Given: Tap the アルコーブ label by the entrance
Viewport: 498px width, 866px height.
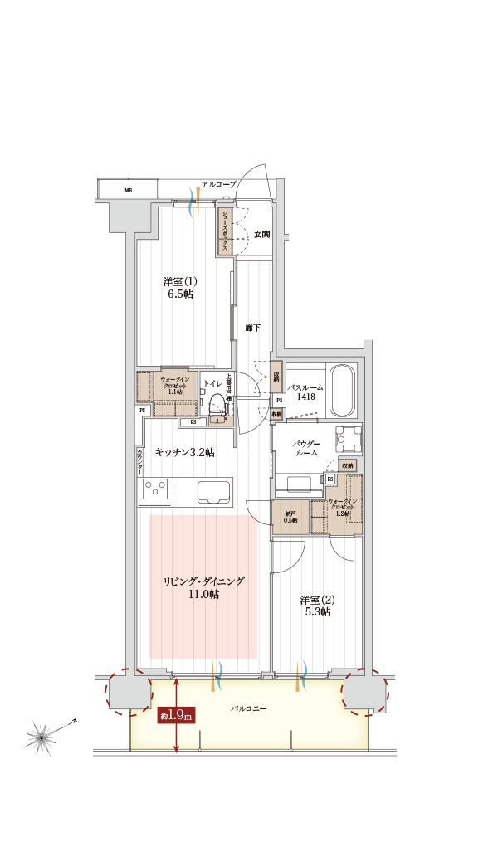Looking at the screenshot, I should (x=219, y=183).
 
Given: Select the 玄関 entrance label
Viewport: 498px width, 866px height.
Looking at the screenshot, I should (x=261, y=235).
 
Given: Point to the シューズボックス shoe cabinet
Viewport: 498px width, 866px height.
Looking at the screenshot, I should (x=224, y=231).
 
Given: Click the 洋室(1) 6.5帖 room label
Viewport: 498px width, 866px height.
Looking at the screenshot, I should (x=179, y=287).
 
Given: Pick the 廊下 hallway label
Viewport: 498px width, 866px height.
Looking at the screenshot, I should (x=253, y=328).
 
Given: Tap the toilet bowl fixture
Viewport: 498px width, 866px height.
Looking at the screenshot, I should (x=217, y=403).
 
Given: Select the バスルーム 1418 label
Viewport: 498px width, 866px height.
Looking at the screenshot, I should (x=305, y=392).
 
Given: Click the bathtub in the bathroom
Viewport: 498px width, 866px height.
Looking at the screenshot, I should (x=342, y=392).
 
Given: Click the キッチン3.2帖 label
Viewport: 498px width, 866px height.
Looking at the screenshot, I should (x=185, y=452).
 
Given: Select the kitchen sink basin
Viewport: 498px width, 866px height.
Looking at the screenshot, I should (x=214, y=491).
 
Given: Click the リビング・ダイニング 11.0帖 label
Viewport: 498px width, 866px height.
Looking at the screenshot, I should (x=203, y=588).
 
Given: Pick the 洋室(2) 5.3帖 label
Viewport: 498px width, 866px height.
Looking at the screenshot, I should (x=315, y=606).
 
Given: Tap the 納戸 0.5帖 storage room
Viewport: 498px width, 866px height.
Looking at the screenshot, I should (x=290, y=515).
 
